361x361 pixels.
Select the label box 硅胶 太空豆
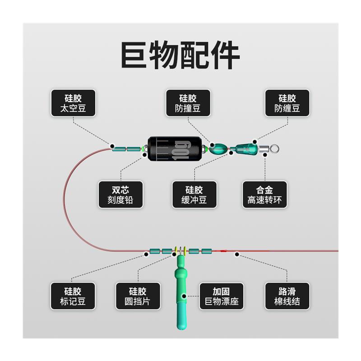point(73,103)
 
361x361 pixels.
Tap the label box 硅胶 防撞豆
point(188,103)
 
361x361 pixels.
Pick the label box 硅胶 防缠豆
point(287,103)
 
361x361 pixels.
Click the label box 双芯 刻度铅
point(120,194)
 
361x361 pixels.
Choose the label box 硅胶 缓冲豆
point(194,194)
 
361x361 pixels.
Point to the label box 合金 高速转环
point(264,194)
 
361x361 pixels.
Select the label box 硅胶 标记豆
point(73,296)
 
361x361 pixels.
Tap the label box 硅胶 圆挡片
point(138,296)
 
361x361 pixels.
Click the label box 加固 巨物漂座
point(221,296)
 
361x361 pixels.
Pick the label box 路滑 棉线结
point(287,296)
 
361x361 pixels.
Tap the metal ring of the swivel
point(276,148)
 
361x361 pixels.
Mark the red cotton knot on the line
point(224,250)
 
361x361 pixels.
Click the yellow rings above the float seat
point(180,250)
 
